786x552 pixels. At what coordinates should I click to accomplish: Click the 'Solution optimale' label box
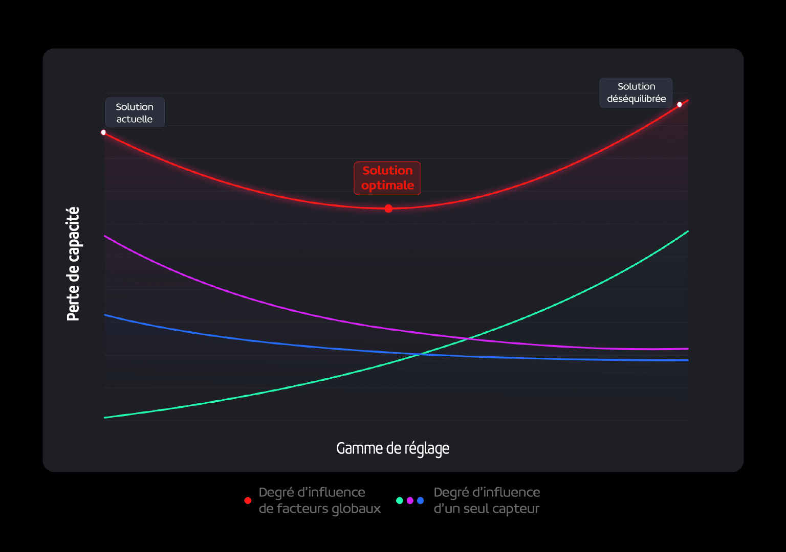click(x=387, y=178)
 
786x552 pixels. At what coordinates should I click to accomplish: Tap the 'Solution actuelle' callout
click(x=135, y=112)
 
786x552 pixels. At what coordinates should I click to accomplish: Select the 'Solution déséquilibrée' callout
click(x=636, y=93)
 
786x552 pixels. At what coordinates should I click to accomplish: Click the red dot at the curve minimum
click(x=388, y=209)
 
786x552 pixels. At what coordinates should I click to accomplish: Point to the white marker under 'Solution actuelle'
click(x=103, y=132)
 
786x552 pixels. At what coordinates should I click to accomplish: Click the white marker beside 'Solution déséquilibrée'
click(x=680, y=105)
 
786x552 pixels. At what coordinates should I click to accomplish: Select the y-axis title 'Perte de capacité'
click(x=73, y=264)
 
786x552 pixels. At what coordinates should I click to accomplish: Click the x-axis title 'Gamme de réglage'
click(x=392, y=448)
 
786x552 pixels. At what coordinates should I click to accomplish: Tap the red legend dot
click(x=248, y=500)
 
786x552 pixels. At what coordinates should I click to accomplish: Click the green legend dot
click(x=400, y=500)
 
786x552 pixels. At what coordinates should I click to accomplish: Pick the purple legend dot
click(x=410, y=500)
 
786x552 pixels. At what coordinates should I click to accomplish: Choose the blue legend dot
click(x=420, y=500)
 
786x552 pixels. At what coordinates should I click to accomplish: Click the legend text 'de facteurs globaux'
click(x=320, y=509)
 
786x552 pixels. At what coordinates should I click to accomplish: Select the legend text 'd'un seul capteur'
click(x=486, y=509)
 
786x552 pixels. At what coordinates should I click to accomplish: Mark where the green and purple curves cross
click(x=468, y=338)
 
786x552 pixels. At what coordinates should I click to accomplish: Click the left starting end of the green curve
click(x=105, y=418)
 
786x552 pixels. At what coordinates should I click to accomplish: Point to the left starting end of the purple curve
click(x=105, y=236)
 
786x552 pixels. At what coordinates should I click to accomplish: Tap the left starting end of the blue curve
click(x=105, y=315)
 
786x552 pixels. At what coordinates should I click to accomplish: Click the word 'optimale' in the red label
click(x=387, y=185)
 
